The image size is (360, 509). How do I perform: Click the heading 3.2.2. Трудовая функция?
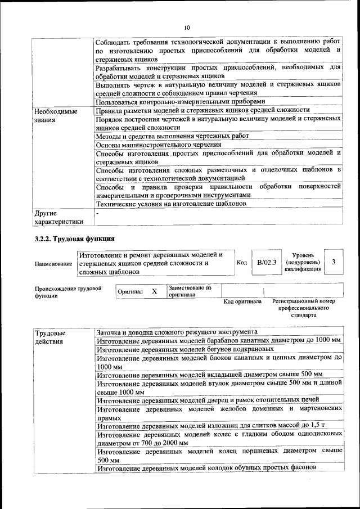[x=75, y=240]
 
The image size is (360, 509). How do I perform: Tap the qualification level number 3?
[x=334, y=262]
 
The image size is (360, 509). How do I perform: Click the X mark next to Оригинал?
[x=154, y=291]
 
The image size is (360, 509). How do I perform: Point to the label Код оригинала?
[x=242, y=301]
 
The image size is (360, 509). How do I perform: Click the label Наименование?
[x=53, y=263]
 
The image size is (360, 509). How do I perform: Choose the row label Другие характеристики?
[x=58, y=217]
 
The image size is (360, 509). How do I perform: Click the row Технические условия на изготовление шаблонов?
[x=171, y=204]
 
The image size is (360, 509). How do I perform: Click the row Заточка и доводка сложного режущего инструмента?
[x=177, y=332]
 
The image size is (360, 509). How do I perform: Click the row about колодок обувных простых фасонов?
[x=206, y=468]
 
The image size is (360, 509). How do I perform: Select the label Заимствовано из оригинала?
[x=190, y=291]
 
